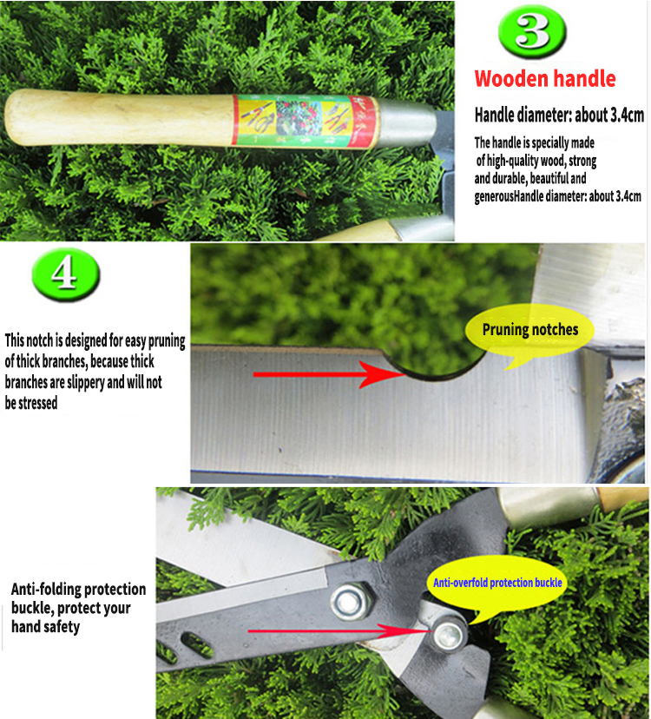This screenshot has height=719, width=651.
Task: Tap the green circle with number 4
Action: click(x=66, y=274)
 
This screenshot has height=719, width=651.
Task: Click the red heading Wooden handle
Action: click(x=544, y=78)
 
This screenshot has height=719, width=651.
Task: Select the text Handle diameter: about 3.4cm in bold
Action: click(x=559, y=115)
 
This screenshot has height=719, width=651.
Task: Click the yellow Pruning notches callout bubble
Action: click(x=529, y=330)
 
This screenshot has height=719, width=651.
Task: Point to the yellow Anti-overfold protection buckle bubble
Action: click(x=497, y=583)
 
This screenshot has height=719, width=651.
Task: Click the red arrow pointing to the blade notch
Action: click(x=329, y=374)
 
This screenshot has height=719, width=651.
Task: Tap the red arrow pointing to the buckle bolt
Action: click(x=340, y=631)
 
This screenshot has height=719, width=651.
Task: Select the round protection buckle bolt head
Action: click(x=449, y=635)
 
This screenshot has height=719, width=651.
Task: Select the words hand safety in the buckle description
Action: click(x=45, y=627)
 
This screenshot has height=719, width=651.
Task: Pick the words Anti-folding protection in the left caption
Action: click(x=78, y=589)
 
